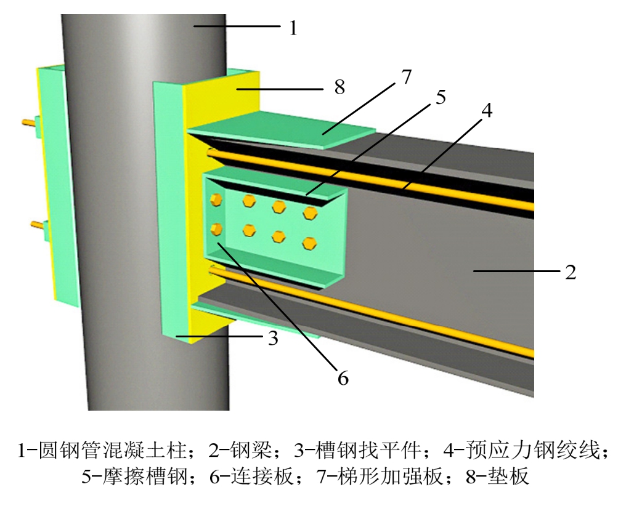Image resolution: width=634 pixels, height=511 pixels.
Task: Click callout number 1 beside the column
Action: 293,28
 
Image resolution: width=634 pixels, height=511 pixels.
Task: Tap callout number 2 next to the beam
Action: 571,272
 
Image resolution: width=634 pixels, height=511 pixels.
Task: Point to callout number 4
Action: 487,111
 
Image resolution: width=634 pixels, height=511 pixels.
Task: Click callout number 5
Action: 440,97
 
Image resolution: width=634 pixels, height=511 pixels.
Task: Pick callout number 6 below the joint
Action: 343,377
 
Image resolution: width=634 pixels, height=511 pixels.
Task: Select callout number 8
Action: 339,87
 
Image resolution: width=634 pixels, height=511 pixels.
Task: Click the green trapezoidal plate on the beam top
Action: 283,130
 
